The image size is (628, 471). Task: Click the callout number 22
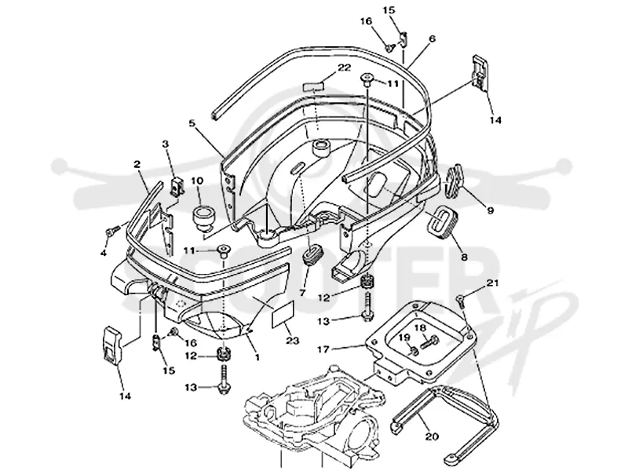tap(344, 68)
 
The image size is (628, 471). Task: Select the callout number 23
tap(292, 341)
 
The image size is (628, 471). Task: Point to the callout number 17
tap(323, 349)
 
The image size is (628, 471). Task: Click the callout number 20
tap(432, 436)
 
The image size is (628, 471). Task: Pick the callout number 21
tap(492, 283)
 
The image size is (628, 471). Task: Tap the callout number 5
tap(192, 123)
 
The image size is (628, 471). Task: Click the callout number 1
tap(257, 356)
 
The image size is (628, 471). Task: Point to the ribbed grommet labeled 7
tap(311, 256)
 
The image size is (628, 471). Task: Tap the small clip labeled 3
tap(176, 186)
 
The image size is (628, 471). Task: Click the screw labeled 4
tap(112, 231)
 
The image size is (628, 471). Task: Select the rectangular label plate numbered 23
tap(283, 313)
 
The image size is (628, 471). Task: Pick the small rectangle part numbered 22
tap(312, 86)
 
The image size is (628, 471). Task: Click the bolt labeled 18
tap(429, 343)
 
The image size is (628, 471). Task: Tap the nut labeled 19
tap(414, 351)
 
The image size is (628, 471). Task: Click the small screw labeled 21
tap(461, 299)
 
